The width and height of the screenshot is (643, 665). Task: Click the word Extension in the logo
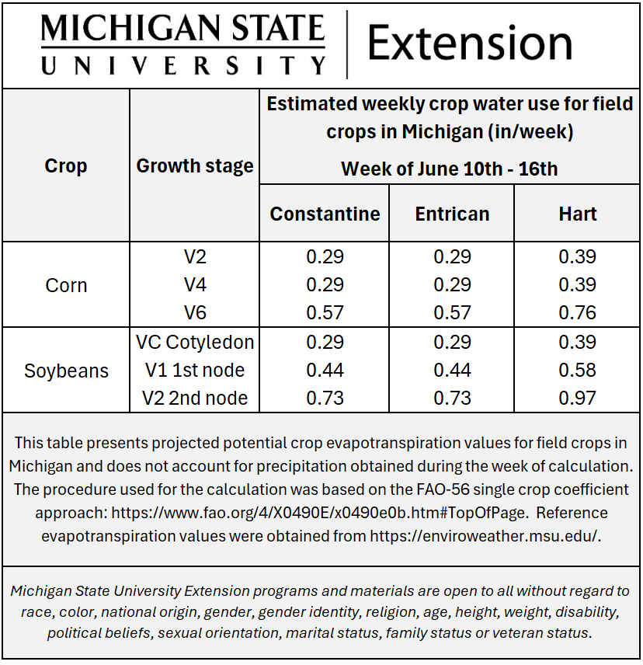470,43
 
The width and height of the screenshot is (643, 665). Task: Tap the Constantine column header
325,214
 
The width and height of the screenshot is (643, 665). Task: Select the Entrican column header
452,214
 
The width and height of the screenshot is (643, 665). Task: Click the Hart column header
578,214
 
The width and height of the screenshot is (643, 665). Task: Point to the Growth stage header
194,165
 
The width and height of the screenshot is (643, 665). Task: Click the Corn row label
66,285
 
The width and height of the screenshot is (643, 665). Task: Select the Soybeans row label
66,371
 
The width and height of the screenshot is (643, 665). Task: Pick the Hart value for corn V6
578,312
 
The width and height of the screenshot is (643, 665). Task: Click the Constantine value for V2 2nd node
325,398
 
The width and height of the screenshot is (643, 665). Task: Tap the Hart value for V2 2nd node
578,398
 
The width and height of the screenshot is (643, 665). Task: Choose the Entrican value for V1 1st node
452,370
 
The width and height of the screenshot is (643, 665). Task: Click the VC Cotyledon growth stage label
194,342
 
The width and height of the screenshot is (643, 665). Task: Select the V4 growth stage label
195,284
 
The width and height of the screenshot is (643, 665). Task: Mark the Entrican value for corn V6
452,312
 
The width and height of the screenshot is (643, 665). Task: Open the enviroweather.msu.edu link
485,535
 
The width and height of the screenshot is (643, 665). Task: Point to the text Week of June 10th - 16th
449,168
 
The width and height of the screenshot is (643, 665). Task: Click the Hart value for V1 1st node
578,370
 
